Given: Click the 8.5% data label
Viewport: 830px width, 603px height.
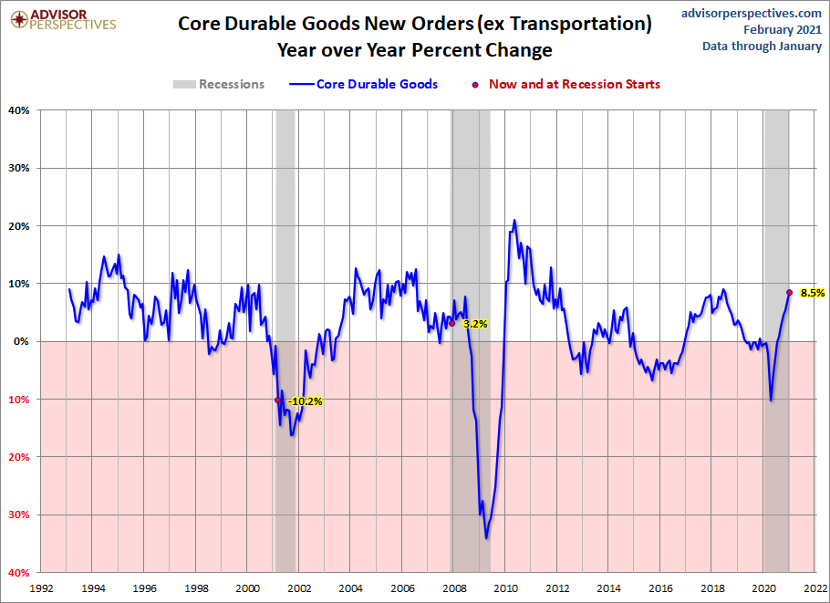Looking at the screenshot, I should click(813, 293).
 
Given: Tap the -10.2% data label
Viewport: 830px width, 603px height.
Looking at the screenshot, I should click(306, 400).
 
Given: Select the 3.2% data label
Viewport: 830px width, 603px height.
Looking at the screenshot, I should click(475, 323).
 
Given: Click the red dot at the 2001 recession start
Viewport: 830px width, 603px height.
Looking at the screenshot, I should click(276, 400).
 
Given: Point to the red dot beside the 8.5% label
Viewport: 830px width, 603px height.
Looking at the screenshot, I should click(789, 293).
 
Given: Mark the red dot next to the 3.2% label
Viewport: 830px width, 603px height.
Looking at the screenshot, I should click(452, 323).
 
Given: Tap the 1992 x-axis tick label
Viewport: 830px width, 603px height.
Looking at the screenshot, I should click(41, 588).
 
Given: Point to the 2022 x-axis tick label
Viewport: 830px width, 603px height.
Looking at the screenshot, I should click(814, 588).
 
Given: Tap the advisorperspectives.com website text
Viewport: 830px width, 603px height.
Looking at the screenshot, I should click(752, 13).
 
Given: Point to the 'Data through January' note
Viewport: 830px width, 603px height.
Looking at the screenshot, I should click(762, 47).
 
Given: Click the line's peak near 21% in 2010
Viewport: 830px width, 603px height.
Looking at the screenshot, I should click(514, 220).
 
